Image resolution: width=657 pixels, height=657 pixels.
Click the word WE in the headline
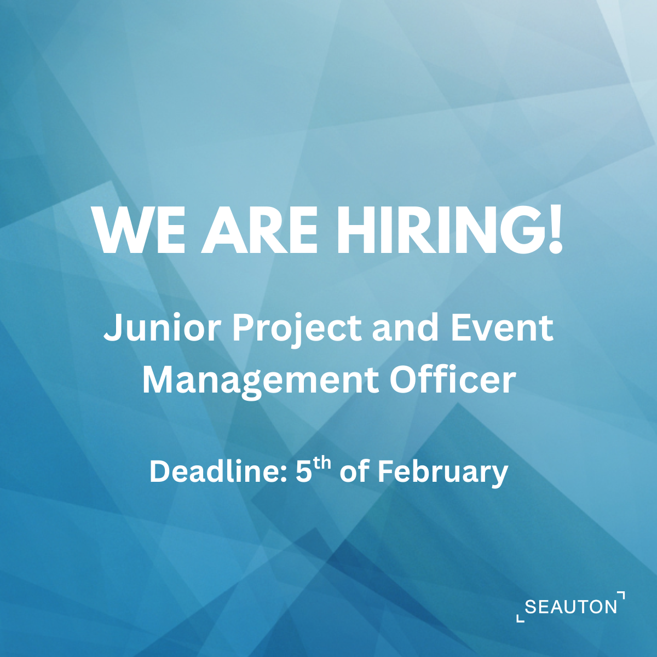point(139,229)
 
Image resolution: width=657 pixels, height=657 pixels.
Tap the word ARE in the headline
point(258,229)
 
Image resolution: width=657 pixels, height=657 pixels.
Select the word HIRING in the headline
point(436,229)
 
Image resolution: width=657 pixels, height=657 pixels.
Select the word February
point(442,473)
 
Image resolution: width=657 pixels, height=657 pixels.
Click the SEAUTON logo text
point(570,607)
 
